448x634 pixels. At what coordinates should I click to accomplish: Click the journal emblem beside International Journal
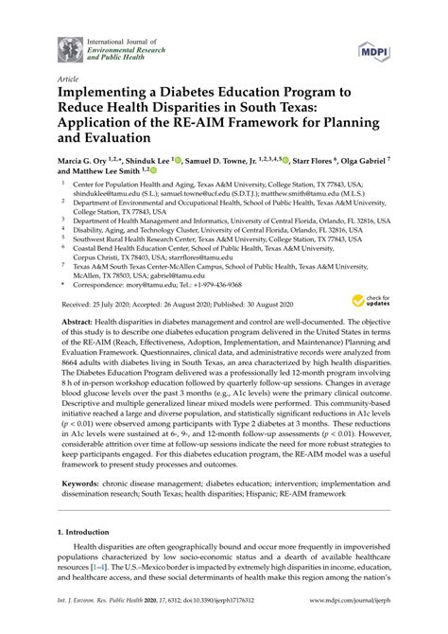[71, 49]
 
